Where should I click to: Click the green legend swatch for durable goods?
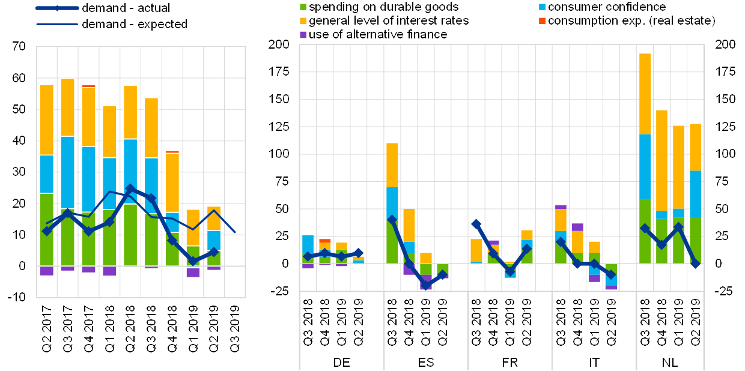pyautogui.click(x=303, y=7)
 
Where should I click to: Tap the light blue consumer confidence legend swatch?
pyautogui.click(x=543, y=7)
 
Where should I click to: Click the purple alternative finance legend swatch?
pyautogui.click(x=303, y=35)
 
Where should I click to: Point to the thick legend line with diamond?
pyautogui.click(x=57, y=8)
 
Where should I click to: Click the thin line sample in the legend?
pyautogui.click(x=57, y=24)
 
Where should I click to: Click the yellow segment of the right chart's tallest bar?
pyautogui.click(x=645, y=94)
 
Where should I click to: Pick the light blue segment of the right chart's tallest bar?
pyautogui.click(x=645, y=166)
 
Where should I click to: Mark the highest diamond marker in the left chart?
pyautogui.click(x=130, y=189)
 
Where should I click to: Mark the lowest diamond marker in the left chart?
pyautogui.click(x=192, y=261)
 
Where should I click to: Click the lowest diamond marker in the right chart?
pyautogui.click(x=426, y=285)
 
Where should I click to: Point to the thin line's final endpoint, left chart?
pyautogui.click(x=234, y=232)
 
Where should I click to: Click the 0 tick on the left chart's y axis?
pyautogui.click(x=24, y=265)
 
